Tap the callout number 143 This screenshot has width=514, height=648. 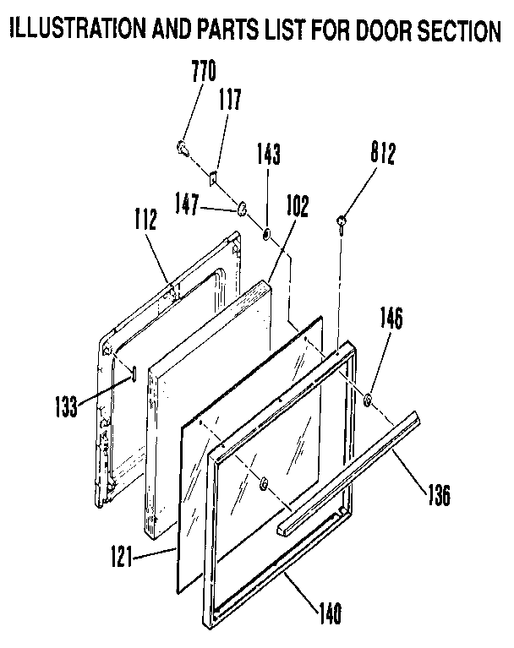pos(269,155)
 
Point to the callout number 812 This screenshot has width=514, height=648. pos(382,154)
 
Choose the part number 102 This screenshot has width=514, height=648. pos(297,206)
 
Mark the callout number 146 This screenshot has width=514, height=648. pos(391,319)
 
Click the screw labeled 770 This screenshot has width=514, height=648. pos(182,150)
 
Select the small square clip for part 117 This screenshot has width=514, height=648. pos(214,177)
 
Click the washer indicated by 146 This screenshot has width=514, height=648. pos(370,398)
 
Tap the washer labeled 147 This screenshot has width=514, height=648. pos(241,207)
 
